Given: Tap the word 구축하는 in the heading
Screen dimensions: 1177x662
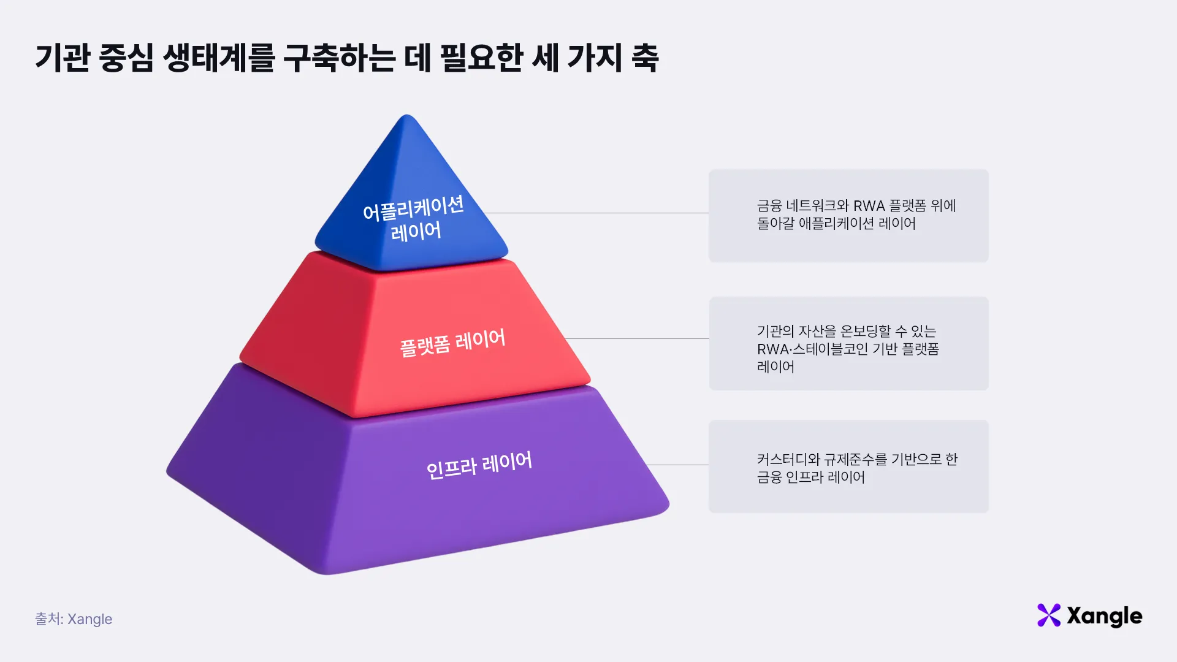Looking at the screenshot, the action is tap(339, 58).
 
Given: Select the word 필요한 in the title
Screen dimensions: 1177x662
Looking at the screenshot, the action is tap(481, 58).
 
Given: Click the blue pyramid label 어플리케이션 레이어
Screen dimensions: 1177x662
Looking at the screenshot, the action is tap(414, 219).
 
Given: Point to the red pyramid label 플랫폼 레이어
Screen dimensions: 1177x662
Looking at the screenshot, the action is tap(452, 342).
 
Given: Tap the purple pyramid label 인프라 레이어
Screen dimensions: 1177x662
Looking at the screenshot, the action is tap(479, 465).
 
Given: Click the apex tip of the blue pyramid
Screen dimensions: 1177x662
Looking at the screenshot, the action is tap(406, 115).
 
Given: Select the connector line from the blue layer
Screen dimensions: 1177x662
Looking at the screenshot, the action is tap(596, 213).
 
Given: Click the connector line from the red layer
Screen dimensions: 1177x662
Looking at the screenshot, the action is tap(636, 338).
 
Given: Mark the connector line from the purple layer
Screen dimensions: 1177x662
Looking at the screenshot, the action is tap(677, 465).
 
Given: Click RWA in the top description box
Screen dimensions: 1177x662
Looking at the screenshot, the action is tap(869, 206).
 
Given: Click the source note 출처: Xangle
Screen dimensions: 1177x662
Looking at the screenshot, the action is tap(74, 619).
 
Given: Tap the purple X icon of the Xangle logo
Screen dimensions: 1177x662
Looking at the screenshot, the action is tap(1049, 615).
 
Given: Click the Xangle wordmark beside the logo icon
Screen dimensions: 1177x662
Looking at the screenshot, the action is tap(1105, 617).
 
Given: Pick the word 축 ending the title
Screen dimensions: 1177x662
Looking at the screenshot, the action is tap(645, 58).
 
